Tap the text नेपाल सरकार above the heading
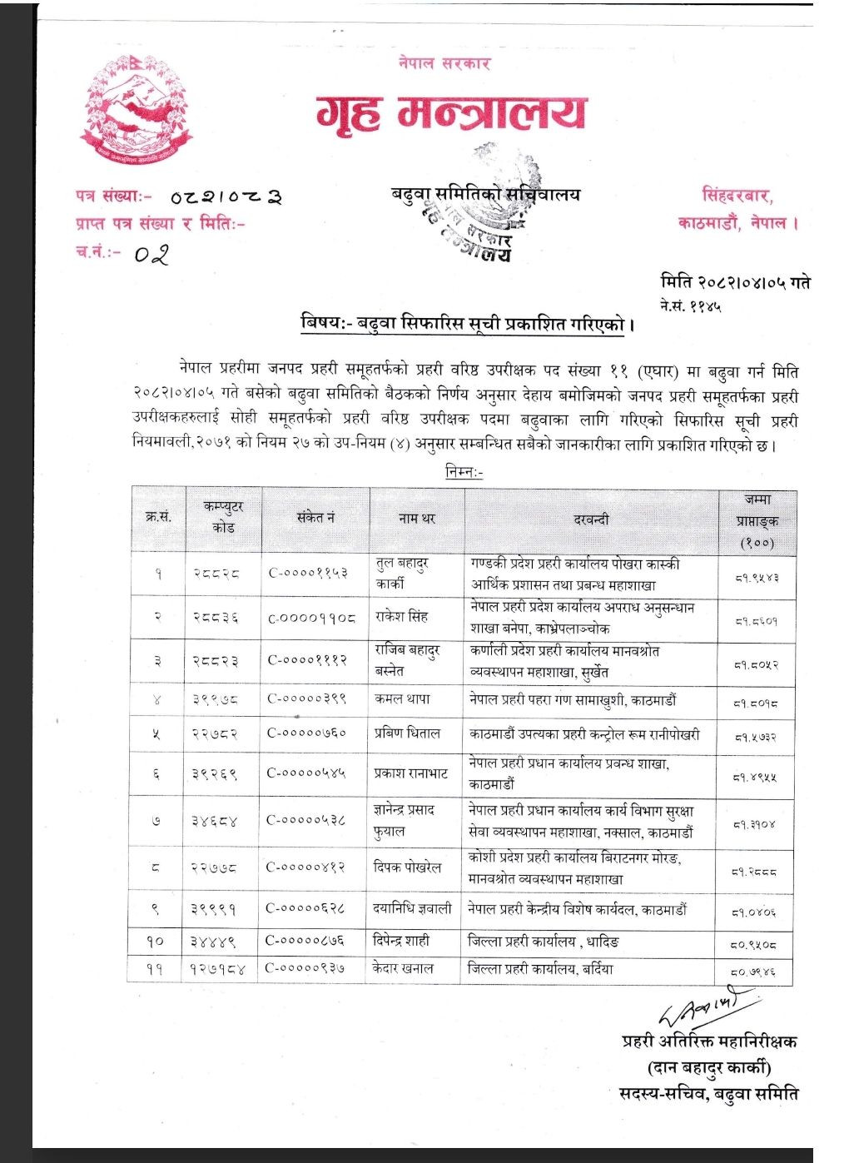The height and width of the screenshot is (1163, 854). pyautogui.click(x=444, y=63)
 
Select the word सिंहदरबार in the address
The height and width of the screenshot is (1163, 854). pyautogui.click(x=737, y=196)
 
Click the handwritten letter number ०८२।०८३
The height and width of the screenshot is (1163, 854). pyautogui.click(x=226, y=197)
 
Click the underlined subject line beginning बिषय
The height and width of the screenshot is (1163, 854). pyautogui.click(x=467, y=323)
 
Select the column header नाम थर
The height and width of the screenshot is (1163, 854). pyautogui.click(x=416, y=518)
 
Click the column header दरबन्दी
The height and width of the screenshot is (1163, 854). pyautogui.click(x=591, y=519)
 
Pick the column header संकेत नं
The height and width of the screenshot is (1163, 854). pyautogui.click(x=315, y=518)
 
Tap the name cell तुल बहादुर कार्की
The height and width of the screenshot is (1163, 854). pyautogui.click(x=403, y=574)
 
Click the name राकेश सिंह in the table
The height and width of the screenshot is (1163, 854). pyautogui.click(x=402, y=617)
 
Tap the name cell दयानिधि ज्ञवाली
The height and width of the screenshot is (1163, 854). pyautogui.click(x=413, y=908)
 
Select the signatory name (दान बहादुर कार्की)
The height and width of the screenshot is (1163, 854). pyautogui.click(x=709, y=1067)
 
